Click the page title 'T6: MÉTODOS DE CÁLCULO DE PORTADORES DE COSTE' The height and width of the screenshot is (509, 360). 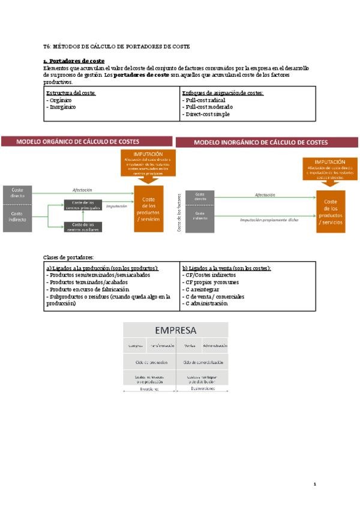(x=116, y=46)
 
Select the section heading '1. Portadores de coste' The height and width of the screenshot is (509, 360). (x=74, y=61)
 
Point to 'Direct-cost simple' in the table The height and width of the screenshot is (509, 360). (x=207, y=114)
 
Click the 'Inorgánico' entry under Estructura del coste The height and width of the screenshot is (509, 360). (x=61, y=107)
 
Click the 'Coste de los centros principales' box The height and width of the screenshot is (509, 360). (x=83, y=205)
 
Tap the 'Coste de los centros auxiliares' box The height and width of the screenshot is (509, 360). (x=83, y=227)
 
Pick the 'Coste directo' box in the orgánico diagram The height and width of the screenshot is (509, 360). (x=17, y=193)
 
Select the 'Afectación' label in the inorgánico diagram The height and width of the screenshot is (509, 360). (x=265, y=195)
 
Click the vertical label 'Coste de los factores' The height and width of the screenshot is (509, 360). (x=179, y=212)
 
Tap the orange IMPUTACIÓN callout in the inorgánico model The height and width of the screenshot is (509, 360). (x=329, y=169)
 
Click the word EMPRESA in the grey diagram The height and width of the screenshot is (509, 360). (x=176, y=330)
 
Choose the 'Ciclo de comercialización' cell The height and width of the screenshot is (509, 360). (x=203, y=362)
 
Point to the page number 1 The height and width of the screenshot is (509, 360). (x=315, y=484)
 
